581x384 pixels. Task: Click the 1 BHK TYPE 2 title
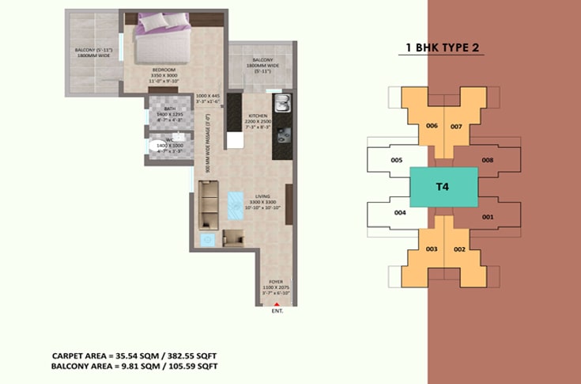click(443, 48)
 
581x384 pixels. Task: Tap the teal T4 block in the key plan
click(443, 188)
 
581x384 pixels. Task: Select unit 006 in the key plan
click(432, 126)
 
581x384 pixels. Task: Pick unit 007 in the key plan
click(456, 126)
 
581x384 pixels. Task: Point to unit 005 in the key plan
click(397, 161)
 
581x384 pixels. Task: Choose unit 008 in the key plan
click(488, 161)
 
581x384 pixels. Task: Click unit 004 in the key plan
click(400, 213)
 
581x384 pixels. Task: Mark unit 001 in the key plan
click(488, 216)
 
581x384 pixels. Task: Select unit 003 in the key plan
click(432, 249)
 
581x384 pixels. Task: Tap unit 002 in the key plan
click(459, 249)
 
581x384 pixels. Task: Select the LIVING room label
click(256, 197)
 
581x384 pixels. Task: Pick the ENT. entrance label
click(277, 312)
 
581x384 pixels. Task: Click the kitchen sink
click(281, 103)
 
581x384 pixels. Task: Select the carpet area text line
click(134, 356)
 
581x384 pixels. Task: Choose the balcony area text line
click(134, 367)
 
